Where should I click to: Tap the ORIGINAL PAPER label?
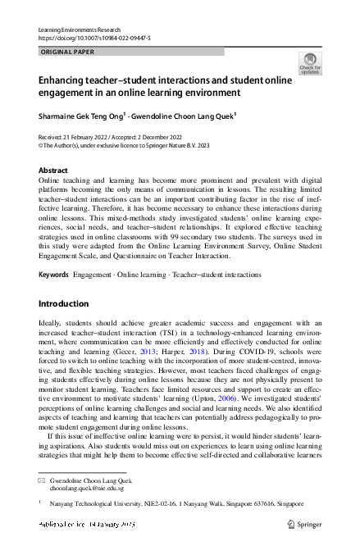point(67,52)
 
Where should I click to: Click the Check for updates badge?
point(310,64)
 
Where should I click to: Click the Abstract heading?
point(53,170)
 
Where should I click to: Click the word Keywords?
point(54,274)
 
